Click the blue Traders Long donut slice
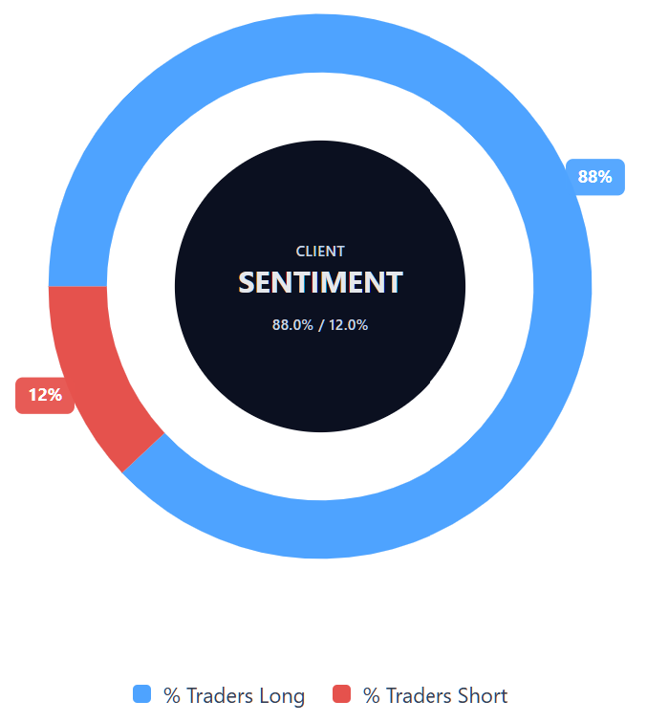coord(562,286)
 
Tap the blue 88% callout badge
coord(595,177)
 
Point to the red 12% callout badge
coord(45,395)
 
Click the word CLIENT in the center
coord(320,252)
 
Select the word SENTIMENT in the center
coord(320,282)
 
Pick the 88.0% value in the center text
coord(292,325)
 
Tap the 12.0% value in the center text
coord(349,325)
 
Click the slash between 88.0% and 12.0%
coord(321,325)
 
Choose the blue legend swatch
coord(142,694)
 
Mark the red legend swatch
coord(341,694)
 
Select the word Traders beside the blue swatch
coord(220,695)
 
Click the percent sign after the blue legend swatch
coord(172,695)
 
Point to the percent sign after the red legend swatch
coord(372,695)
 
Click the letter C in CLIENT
coord(300,252)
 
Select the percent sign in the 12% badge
coord(55,395)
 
